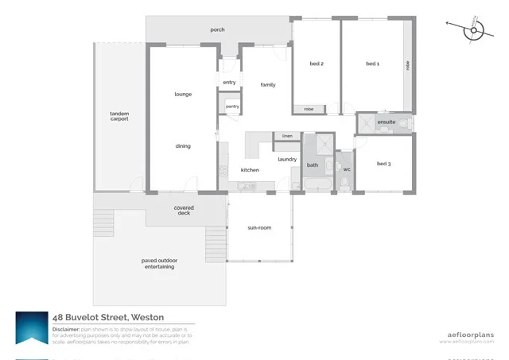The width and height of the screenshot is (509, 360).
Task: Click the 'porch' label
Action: tap(217, 30)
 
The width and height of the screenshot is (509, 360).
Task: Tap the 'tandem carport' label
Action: tap(119, 118)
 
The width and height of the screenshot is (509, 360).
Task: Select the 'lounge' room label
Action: tap(184, 95)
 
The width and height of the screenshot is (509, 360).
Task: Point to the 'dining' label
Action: tap(183, 146)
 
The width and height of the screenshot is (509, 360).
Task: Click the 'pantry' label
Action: tap(232, 106)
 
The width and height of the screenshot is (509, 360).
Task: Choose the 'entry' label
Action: tap(230, 82)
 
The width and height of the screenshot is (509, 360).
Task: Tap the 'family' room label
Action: tap(267, 84)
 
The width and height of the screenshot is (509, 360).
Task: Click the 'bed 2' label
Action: tap(316, 64)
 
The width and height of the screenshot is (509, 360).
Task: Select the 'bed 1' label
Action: tap(372, 64)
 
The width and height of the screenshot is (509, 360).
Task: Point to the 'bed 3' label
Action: tap(383, 164)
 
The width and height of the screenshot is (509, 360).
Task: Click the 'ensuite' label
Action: tap(387, 122)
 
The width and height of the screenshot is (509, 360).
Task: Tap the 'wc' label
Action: tap(347, 168)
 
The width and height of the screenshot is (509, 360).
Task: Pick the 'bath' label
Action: tap(313, 165)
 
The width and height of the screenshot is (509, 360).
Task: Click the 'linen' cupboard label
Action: tap(287, 136)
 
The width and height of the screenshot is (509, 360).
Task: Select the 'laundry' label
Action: tap(287, 159)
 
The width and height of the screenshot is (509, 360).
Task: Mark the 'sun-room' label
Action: tap(259, 228)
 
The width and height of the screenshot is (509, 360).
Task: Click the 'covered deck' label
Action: tap(184, 211)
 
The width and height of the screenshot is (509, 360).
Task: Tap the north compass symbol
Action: tap(475, 29)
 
